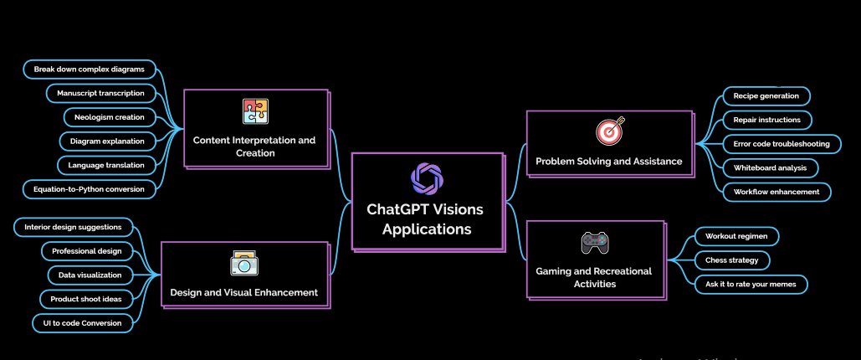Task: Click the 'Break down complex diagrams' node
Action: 90,69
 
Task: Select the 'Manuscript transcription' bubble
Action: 101,93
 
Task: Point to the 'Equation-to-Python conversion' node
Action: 90,189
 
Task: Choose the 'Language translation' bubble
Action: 107,165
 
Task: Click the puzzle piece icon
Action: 255,111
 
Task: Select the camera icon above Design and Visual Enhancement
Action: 243,264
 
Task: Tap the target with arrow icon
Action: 609,131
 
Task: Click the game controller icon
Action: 595,243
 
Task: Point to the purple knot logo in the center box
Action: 428,179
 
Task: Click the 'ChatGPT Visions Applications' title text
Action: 426,219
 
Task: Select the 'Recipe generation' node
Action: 766,96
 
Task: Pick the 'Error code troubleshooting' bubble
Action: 782,144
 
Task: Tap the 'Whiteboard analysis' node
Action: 770,167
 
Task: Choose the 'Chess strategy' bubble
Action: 731,260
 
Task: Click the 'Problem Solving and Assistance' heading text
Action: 608,162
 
